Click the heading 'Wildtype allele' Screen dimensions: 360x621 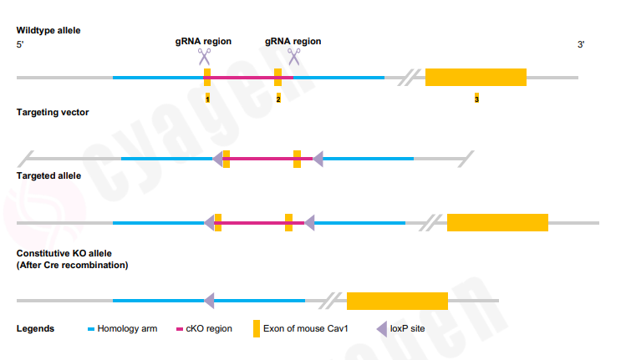(x=48, y=30)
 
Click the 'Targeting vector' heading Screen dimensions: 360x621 (x=52, y=112)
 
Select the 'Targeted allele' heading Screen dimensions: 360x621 (x=48, y=176)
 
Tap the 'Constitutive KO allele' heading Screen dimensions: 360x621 (x=64, y=252)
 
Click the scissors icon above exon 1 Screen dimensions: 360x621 (x=204, y=57)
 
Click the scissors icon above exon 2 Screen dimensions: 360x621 (x=293, y=57)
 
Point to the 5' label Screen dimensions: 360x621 (x=20, y=44)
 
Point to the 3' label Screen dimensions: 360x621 (x=581, y=44)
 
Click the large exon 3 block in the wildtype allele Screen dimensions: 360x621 (x=476, y=77)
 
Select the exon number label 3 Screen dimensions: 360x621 (x=476, y=99)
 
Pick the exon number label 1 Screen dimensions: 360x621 (x=207, y=99)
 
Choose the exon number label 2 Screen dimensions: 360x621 (x=278, y=99)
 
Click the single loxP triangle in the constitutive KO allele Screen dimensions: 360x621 (x=209, y=300)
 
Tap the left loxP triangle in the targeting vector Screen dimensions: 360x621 (x=217, y=159)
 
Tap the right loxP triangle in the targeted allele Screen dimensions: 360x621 (x=308, y=222)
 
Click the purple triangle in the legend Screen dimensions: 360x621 (x=382, y=328)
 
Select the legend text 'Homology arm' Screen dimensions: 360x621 (x=127, y=328)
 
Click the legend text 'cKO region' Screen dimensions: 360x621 (x=209, y=328)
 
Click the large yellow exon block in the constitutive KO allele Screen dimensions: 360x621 (x=397, y=301)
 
